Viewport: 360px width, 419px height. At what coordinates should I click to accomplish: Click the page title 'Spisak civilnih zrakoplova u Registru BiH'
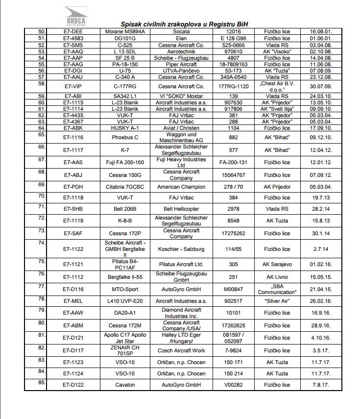click(185, 24)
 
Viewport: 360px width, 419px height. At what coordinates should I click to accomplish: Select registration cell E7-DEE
click(73, 31)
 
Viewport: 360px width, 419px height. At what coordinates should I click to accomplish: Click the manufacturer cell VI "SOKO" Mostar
click(181, 96)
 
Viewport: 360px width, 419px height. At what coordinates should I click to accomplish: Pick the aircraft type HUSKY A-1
click(125, 128)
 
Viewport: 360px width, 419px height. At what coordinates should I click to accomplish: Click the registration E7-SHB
click(73, 209)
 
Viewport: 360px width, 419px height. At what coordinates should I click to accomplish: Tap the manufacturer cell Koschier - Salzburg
click(181, 249)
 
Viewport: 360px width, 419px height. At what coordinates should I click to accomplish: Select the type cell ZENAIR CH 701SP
click(125, 350)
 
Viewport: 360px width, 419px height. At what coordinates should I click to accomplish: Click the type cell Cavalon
click(125, 385)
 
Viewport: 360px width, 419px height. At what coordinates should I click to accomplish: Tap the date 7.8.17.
click(321, 385)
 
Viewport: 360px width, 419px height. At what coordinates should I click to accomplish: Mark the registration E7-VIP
click(73, 86)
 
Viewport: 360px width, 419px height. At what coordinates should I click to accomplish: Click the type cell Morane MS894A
click(125, 31)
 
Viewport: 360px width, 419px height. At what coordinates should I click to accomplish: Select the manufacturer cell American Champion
click(181, 187)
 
